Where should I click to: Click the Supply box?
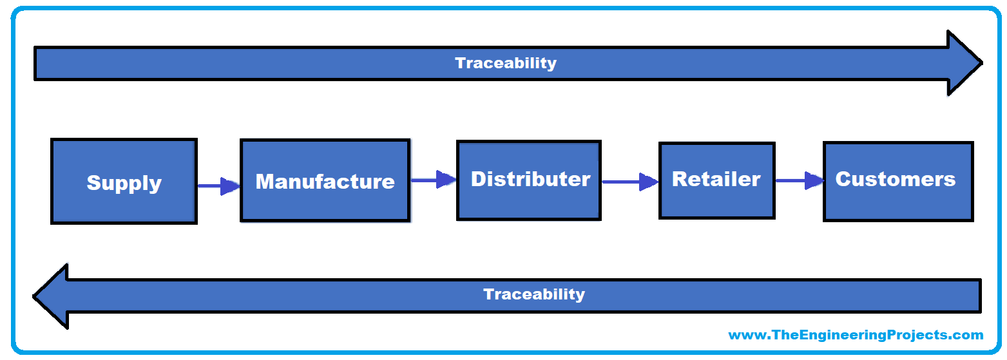pyautogui.click(x=124, y=181)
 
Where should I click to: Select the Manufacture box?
pyautogui.click(x=325, y=180)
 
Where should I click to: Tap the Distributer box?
pyautogui.click(x=529, y=180)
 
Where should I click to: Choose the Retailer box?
pyautogui.click(x=717, y=181)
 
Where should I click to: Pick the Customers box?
pyautogui.click(x=898, y=182)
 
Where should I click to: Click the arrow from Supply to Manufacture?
pyautogui.click(x=219, y=186)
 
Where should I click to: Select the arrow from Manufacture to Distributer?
pyautogui.click(x=434, y=180)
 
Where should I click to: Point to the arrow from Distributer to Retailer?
pyautogui.click(x=630, y=182)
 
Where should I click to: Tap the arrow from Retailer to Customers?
pyautogui.click(x=800, y=181)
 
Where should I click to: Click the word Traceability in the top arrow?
pyautogui.click(x=506, y=63)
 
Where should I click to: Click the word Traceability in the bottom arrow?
pyautogui.click(x=534, y=294)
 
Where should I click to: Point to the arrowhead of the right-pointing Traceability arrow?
pyautogui.click(x=964, y=63)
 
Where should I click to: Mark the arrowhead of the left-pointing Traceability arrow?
pyautogui.click(x=51, y=296)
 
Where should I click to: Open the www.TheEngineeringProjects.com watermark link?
pyautogui.click(x=856, y=335)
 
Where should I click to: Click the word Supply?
pyautogui.click(x=124, y=184)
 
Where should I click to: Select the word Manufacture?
pyautogui.click(x=325, y=182)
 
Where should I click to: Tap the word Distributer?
pyautogui.click(x=530, y=179)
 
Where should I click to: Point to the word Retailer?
pyautogui.click(x=716, y=179)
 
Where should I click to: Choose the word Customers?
pyautogui.click(x=896, y=179)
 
